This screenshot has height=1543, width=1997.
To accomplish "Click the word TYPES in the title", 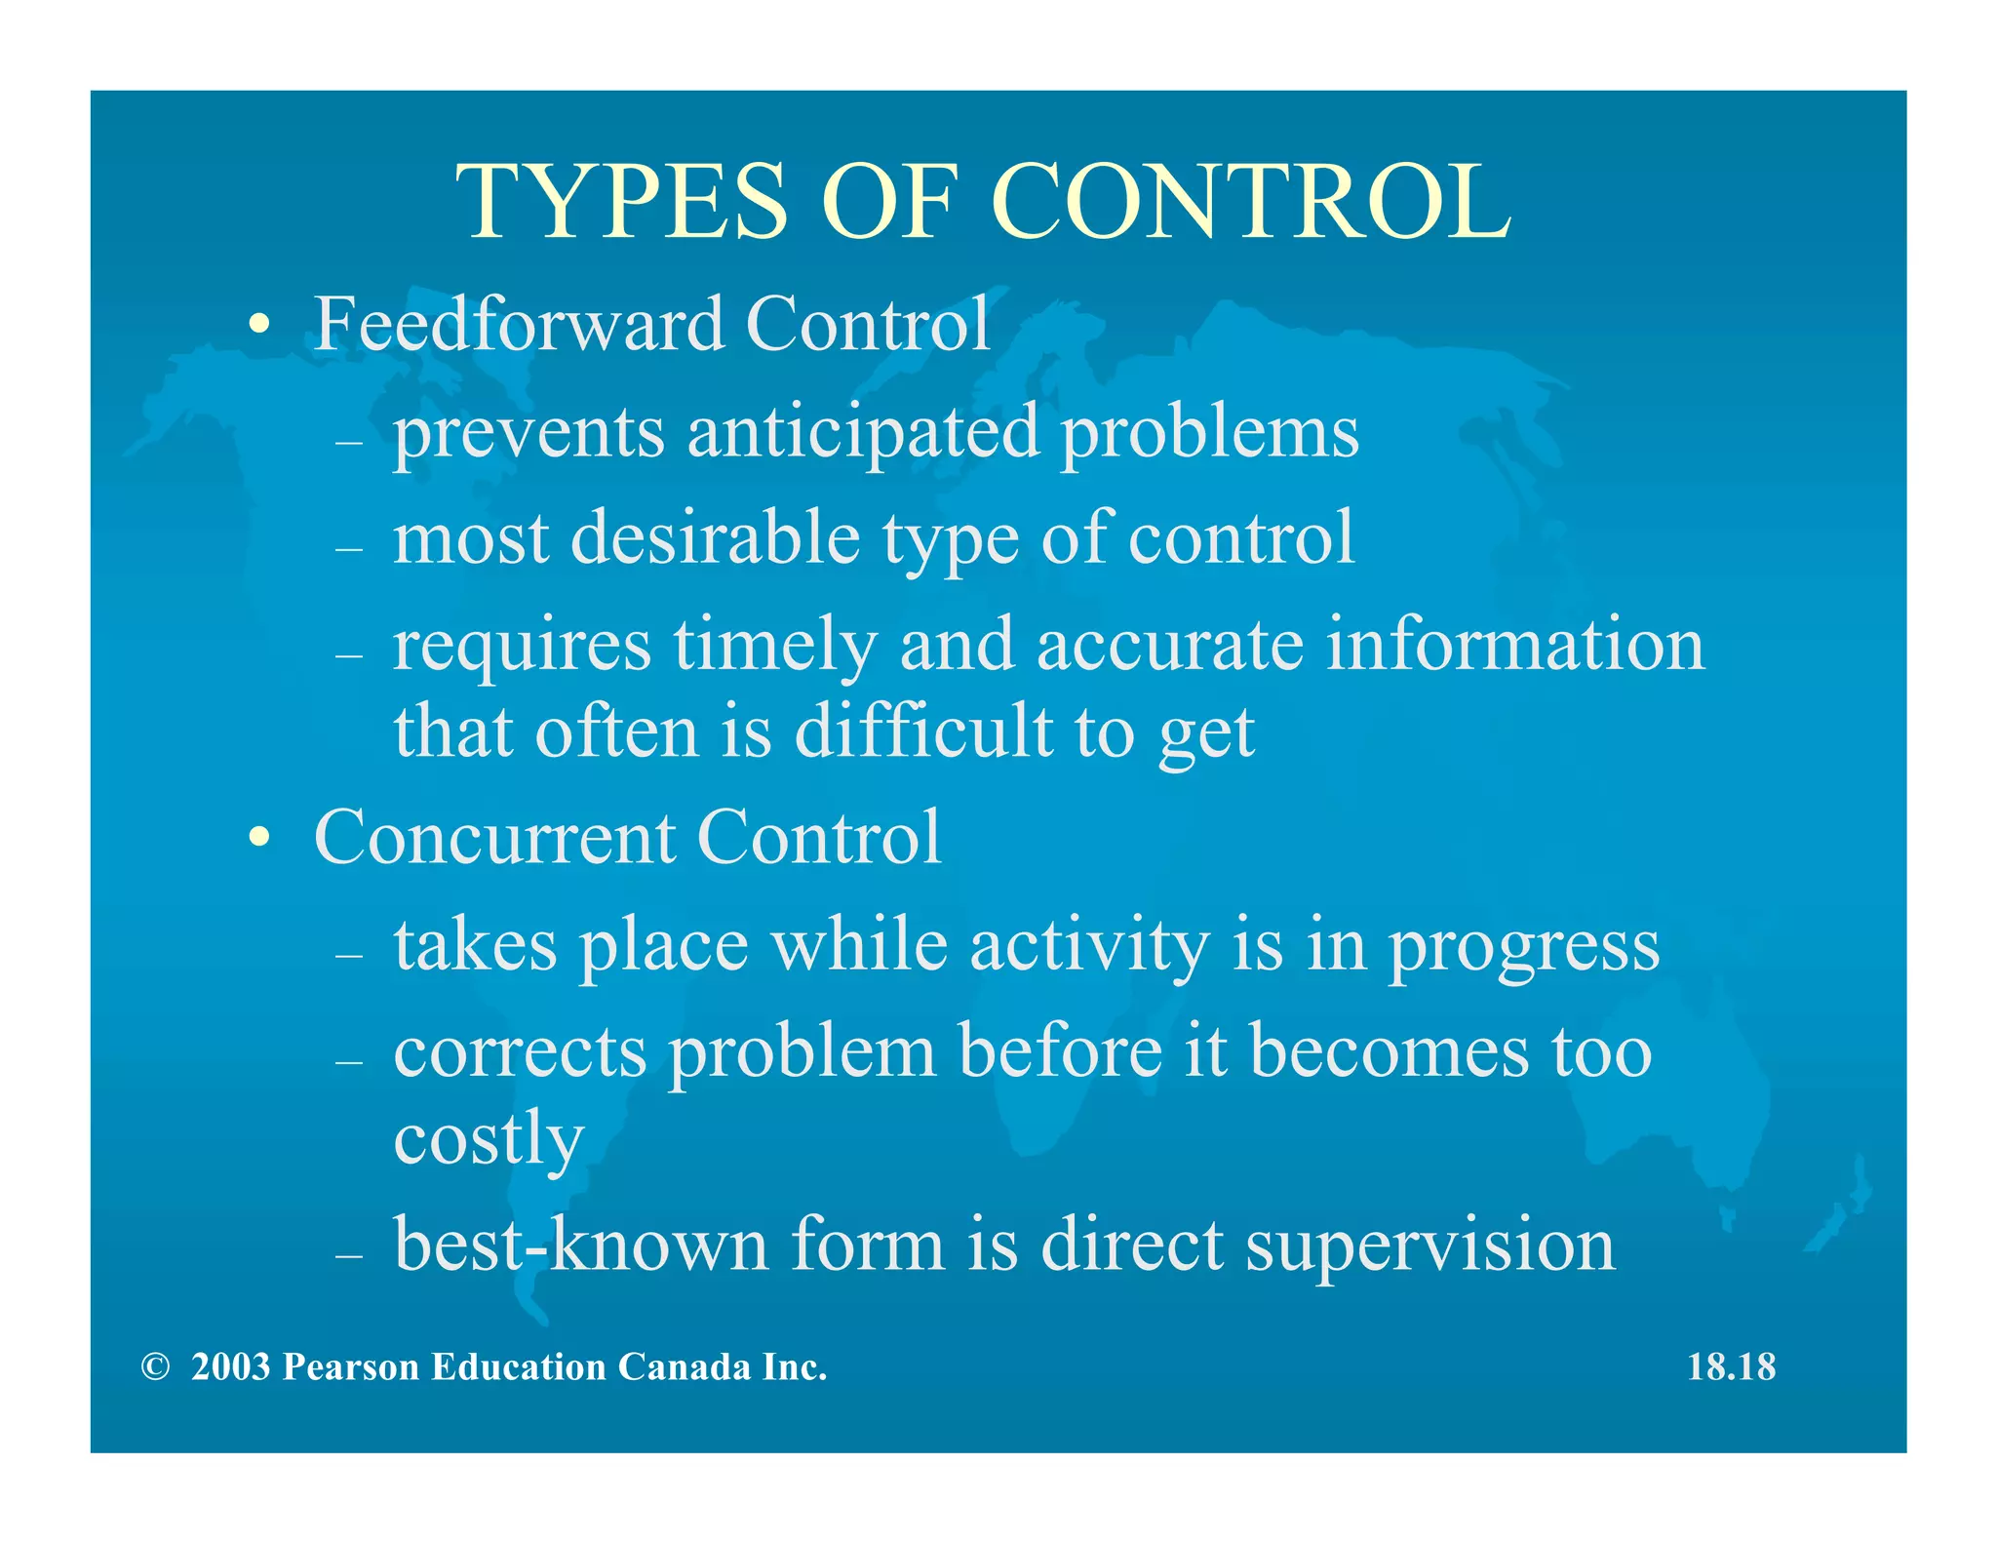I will click(622, 202).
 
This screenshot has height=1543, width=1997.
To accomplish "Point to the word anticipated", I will click(863, 434).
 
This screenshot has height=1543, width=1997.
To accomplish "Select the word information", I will click(1515, 646).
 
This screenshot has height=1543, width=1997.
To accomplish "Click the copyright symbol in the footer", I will click(154, 1367).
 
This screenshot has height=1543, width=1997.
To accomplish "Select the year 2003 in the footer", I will click(230, 1367).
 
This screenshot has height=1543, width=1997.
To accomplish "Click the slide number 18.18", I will click(1731, 1367).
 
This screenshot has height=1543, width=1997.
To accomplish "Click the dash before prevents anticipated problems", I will click(348, 442).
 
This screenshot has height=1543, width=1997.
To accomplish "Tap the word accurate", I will click(1169, 646).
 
